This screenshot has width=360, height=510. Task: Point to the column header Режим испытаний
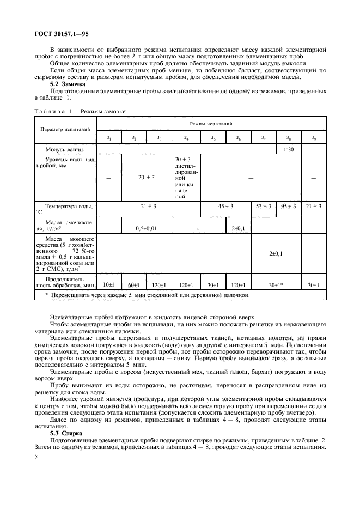click(x=211, y=124)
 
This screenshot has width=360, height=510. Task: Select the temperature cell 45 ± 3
click(x=225, y=207)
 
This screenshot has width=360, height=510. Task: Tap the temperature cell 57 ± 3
click(x=264, y=207)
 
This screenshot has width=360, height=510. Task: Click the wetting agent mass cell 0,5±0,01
click(x=146, y=228)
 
